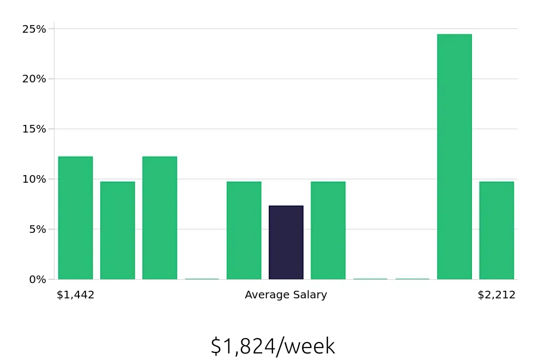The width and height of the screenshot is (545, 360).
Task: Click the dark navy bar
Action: tap(286, 243)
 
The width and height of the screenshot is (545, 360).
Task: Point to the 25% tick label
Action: tap(34, 29)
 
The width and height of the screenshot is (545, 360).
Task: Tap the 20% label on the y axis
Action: tap(34, 79)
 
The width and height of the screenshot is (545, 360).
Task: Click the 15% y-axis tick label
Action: tap(34, 129)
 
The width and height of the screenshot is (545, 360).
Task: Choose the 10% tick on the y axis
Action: tap(34, 179)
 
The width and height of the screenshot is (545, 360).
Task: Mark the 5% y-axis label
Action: tap(37, 230)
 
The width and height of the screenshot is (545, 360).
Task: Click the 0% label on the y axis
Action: tap(37, 280)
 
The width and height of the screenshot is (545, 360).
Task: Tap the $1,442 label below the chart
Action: tap(76, 295)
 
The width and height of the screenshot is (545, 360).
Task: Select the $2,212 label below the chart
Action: tap(496, 295)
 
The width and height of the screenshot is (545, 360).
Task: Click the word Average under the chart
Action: tap(265, 295)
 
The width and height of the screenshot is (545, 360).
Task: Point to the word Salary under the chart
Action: tap(308, 295)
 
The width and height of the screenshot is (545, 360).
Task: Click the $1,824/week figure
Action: tap(272, 346)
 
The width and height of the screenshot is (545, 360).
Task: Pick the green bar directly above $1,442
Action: tap(76, 218)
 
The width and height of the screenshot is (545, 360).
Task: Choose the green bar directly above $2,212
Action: tap(496, 230)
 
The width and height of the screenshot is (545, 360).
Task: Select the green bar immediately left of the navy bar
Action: tap(244, 230)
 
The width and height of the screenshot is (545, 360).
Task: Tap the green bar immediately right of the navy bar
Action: tap(328, 230)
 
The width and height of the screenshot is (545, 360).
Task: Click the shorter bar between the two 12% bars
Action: tap(118, 230)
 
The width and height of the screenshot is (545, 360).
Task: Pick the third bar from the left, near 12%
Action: tap(160, 218)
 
